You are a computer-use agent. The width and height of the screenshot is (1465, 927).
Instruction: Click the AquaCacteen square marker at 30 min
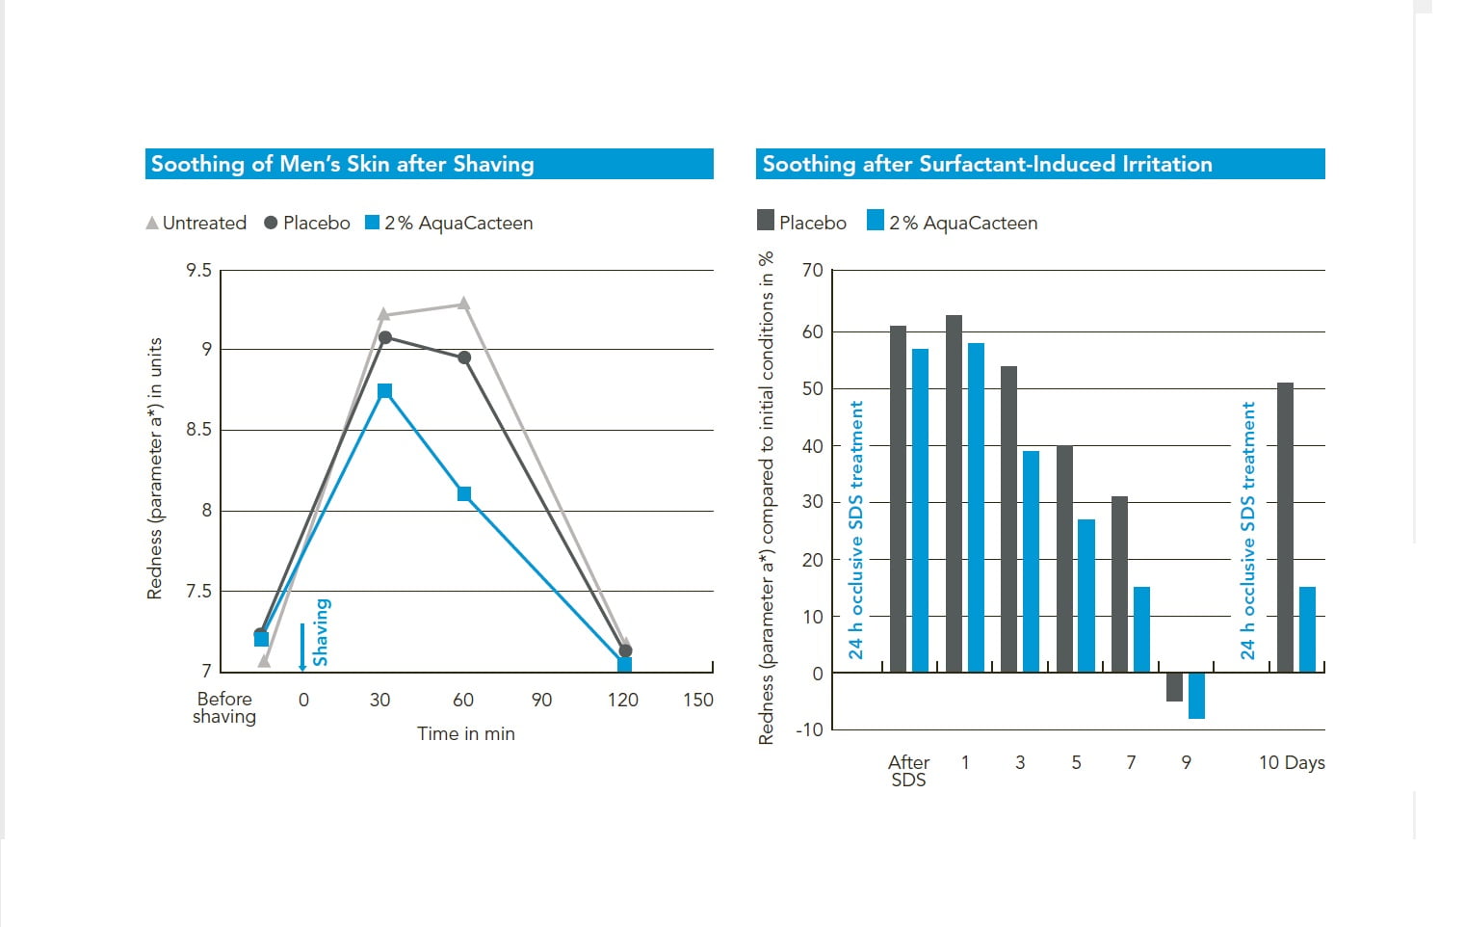click(385, 391)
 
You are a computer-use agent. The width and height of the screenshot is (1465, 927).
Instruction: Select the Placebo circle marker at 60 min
click(464, 358)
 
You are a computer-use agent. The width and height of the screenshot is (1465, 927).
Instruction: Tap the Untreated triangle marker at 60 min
click(464, 304)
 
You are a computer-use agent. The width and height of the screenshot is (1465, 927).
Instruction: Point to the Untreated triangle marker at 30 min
click(384, 314)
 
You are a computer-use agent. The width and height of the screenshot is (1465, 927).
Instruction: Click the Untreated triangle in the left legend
click(152, 223)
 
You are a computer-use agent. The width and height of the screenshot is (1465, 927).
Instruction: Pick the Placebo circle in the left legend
click(271, 223)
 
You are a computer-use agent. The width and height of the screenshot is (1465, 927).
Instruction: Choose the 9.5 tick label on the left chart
click(199, 271)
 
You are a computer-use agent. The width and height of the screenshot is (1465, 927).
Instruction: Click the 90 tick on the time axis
click(542, 700)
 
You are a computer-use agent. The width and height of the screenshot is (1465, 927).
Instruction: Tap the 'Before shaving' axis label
click(224, 707)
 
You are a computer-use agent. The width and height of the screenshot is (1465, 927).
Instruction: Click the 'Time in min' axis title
click(466, 733)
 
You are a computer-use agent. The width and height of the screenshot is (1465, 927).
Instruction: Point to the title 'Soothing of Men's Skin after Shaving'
click(343, 164)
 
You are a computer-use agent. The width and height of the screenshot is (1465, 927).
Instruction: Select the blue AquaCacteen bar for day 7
click(1141, 629)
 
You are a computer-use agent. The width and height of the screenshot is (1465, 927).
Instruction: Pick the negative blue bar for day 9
click(1196, 696)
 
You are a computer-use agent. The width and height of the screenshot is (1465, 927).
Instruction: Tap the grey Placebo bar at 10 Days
click(1285, 527)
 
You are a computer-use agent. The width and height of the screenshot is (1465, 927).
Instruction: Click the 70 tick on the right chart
click(813, 271)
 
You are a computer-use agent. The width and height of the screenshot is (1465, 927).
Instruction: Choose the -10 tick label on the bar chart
click(809, 729)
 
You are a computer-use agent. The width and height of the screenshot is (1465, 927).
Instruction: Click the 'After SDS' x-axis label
click(908, 771)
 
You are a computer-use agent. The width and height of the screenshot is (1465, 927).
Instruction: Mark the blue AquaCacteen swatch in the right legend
click(876, 221)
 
